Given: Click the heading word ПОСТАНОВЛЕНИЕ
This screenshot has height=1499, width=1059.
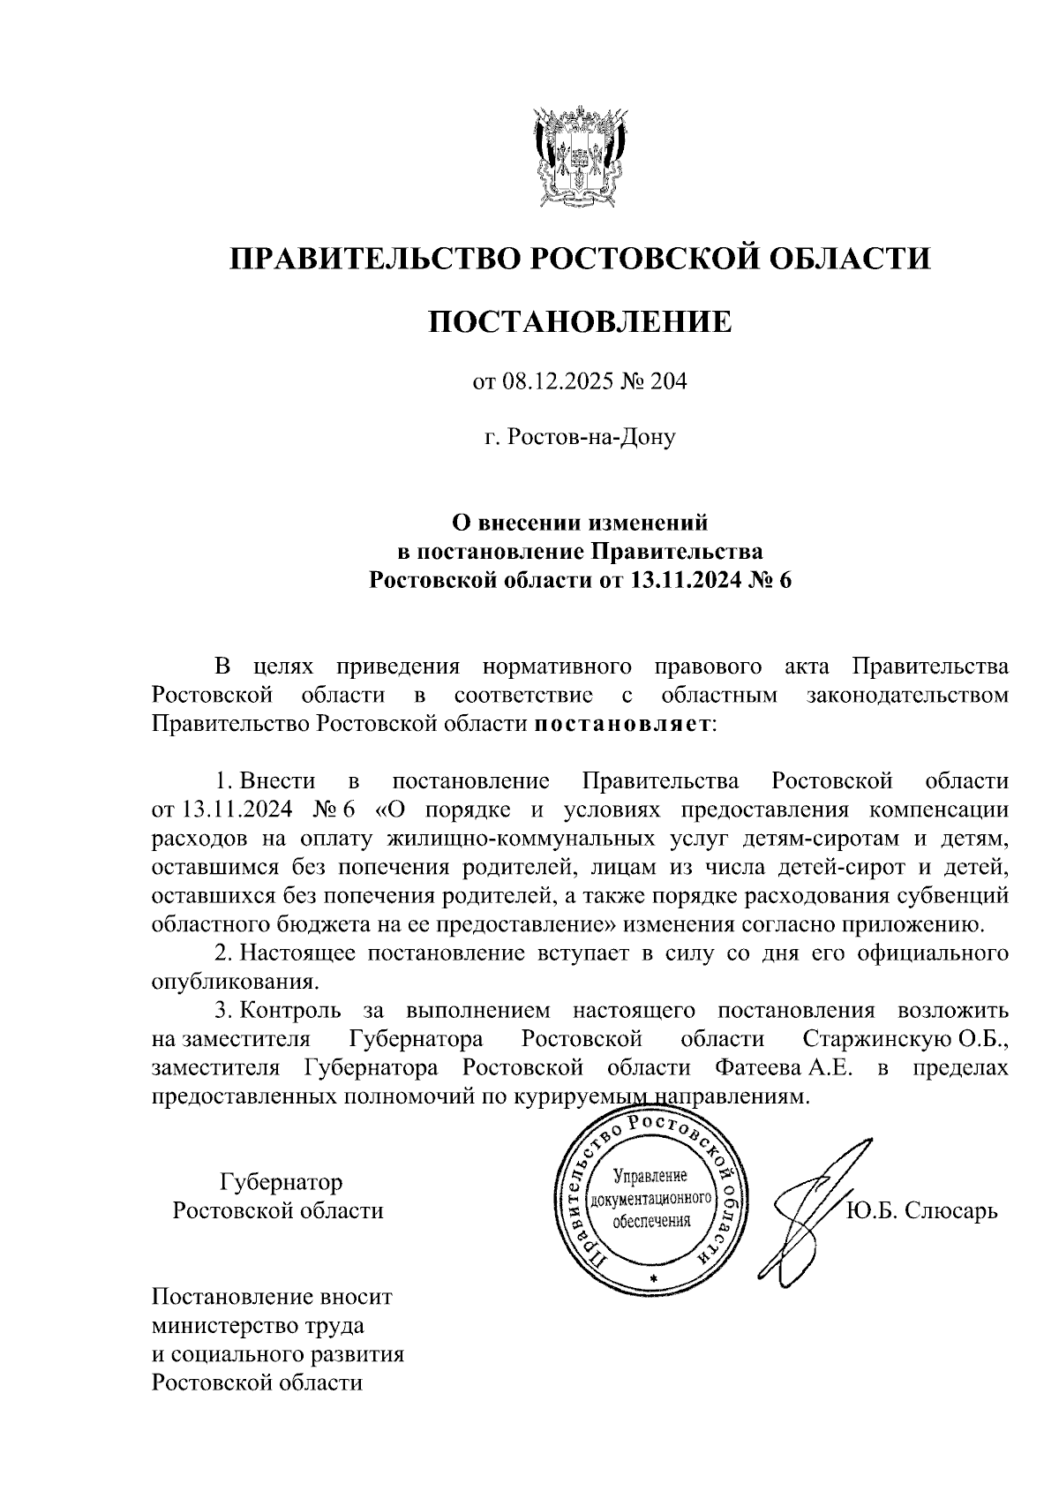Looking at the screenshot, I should tap(580, 322).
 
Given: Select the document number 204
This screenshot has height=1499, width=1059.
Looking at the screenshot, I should tap(669, 382).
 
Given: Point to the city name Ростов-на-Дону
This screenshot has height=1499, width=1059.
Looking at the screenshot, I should tap(590, 437).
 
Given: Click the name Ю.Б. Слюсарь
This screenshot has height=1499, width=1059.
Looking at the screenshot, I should tap(922, 1210).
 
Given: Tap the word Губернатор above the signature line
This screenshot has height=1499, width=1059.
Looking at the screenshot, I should tap(281, 1181).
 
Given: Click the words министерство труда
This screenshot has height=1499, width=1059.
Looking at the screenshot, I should tap(258, 1326).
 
